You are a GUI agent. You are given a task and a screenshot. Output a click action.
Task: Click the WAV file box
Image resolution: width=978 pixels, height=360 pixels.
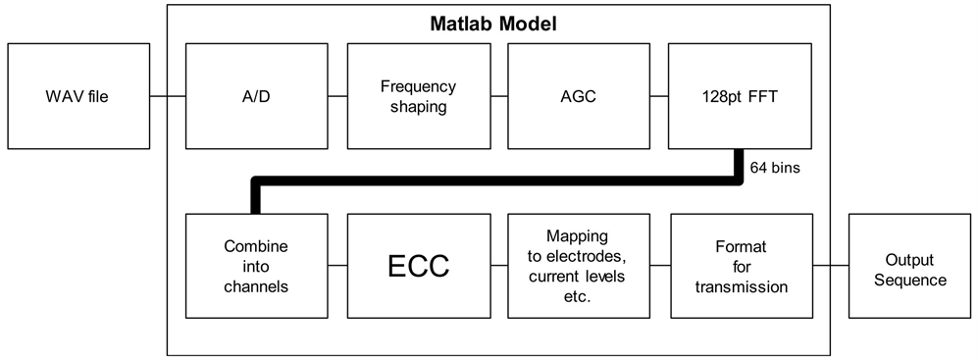click(x=75, y=96)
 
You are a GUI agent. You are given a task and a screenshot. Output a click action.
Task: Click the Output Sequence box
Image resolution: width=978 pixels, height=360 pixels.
click(x=910, y=264)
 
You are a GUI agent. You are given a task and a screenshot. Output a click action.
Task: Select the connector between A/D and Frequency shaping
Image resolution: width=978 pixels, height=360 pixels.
click(x=336, y=96)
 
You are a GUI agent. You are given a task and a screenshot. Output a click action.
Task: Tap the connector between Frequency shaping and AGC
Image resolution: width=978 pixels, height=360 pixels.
click(x=497, y=96)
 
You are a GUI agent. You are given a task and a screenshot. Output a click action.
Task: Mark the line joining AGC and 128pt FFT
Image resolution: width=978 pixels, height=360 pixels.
click(x=658, y=96)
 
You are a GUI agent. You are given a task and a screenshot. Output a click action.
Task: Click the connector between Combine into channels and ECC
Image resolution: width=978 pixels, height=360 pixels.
click(x=336, y=264)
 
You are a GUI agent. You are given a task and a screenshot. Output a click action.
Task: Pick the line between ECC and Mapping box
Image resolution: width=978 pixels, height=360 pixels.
click(x=497, y=264)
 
